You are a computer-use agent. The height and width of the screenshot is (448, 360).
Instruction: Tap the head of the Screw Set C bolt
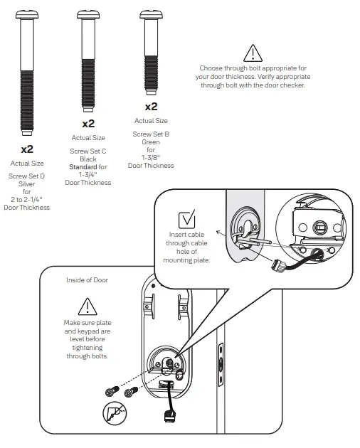(x=88, y=14)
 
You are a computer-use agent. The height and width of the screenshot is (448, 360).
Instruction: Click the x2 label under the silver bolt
(x=27, y=149)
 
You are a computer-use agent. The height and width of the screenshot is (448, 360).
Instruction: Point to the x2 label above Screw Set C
(x=88, y=123)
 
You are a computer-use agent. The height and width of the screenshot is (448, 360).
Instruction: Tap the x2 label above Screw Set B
(x=151, y=107)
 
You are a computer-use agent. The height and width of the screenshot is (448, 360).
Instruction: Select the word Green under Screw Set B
(x=151, y=142)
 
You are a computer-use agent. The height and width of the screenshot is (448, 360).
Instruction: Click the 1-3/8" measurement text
(x=151, y=158)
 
